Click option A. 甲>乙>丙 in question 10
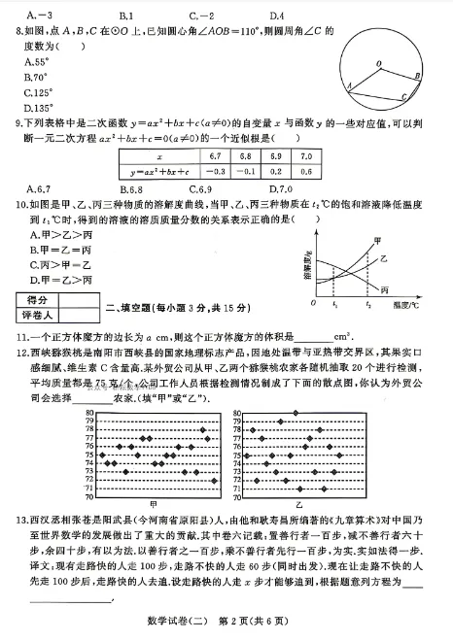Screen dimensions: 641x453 point(53,234)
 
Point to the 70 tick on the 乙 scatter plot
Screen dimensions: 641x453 point(237,498)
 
